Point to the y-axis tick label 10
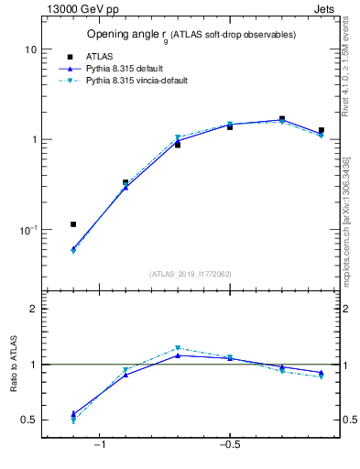point(30,49)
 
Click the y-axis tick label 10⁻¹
point(27,229)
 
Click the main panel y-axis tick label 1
point(33,139)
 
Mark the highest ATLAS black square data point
point(282,119)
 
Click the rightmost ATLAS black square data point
point(321,131)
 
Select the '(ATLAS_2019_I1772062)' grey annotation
point(191,274)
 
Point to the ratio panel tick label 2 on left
point(33,309)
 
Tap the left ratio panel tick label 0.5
point(29,420)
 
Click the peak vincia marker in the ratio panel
point(178,348)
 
